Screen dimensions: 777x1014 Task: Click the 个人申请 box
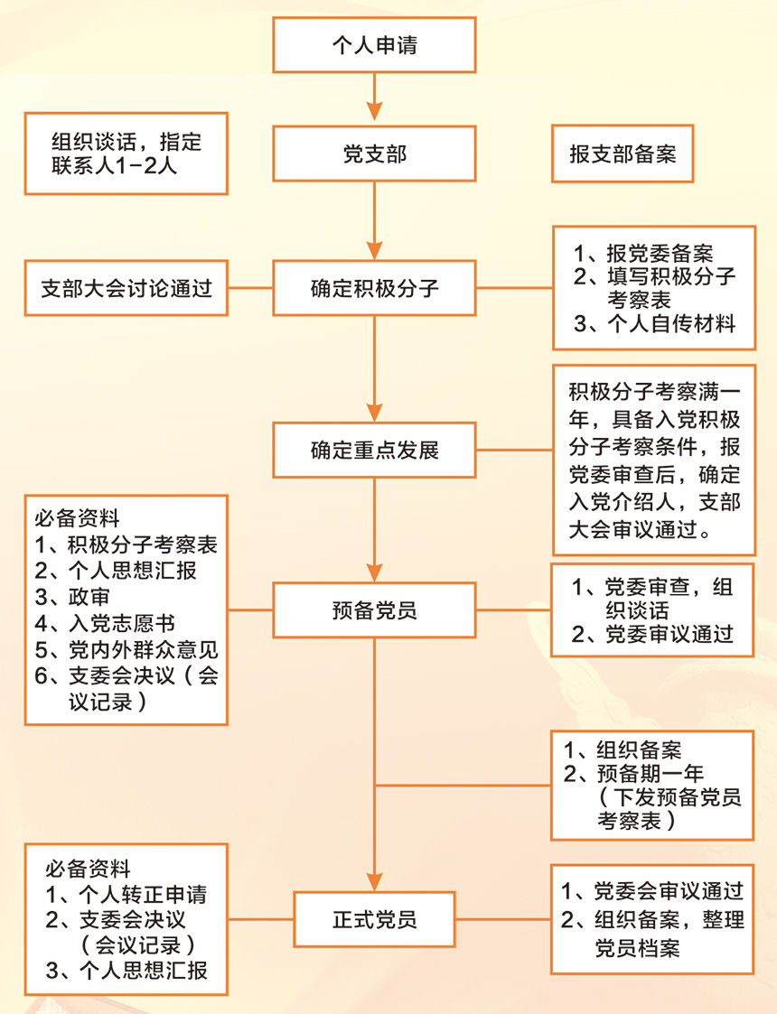374,44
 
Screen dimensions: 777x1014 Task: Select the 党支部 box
374,153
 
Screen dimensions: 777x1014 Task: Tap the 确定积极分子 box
374,288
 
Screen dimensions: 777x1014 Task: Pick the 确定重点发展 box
374,450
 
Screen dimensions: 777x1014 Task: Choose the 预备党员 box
374,609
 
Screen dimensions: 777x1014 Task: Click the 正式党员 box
374,919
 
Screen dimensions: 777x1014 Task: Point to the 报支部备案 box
623,153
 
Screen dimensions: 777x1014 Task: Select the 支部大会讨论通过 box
126,288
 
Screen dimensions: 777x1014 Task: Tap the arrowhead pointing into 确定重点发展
374,413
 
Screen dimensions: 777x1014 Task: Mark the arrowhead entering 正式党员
374,881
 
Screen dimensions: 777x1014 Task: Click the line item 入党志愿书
105,623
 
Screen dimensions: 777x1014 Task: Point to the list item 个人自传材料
654,323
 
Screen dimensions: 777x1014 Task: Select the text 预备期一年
633,774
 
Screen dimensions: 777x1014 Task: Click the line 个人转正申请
126,895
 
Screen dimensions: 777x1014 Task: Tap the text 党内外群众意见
126,649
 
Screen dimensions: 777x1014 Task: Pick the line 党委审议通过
652,635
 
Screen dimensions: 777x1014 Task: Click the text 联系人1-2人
114,166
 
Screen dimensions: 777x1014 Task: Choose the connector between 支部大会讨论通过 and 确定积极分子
250,288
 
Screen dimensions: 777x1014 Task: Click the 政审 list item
71,596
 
